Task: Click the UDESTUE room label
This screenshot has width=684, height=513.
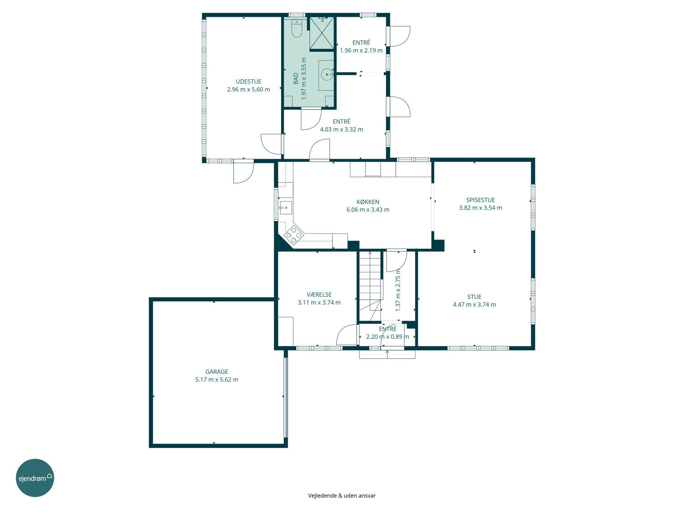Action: [248, 82]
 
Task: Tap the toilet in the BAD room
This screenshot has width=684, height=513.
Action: [297, 28]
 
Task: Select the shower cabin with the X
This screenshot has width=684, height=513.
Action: [322, 32]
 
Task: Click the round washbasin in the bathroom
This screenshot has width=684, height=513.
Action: [327, 75]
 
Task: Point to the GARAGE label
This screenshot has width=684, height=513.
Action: [217, 372]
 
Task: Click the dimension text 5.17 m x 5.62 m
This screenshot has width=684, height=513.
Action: [217, 380]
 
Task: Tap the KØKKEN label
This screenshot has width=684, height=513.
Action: [368, 202]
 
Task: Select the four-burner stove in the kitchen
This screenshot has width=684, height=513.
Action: [294, 235]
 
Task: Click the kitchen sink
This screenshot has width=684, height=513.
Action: [285, 208]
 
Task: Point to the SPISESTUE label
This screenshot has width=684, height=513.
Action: [481, 200]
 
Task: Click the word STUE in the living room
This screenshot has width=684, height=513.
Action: [474, 297]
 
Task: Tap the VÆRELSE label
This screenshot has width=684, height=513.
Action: [319, 295]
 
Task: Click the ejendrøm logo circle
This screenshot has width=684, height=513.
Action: [35, 478]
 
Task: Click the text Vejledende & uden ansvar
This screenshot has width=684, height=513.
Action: [342, 496]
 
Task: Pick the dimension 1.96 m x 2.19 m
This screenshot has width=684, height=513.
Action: [361, 51]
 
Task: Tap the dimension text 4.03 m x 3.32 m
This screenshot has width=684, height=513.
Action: [341, 130]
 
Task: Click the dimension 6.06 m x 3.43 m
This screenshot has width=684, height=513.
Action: [368, 210]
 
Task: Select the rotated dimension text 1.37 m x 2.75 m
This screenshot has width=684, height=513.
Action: [398, 290]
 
